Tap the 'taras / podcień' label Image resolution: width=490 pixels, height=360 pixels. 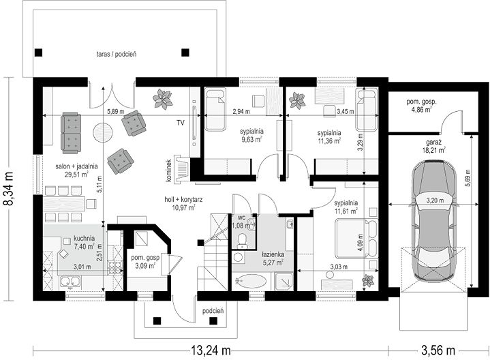[x=117, y=54]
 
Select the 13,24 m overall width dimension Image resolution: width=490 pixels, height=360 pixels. [x=211, y=350]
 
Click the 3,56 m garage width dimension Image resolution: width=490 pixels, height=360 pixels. [x=438, y=350]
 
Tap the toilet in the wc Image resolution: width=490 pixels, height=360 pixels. [x=242, y=241]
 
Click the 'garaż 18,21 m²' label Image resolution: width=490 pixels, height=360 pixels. [x=433, y=146]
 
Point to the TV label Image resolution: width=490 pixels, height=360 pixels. [x=180, y=123]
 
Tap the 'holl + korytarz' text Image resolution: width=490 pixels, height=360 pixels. [x=183, y=200]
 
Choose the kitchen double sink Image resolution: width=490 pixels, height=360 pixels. [x=71, y=282]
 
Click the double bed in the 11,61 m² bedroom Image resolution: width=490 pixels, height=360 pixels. [x=356, y=239]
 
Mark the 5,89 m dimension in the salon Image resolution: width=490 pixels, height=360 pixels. [x=116, y=111]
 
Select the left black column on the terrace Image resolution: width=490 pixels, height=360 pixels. [x=38, y=52]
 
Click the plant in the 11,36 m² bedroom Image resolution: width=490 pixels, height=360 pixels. [x=297, y=100]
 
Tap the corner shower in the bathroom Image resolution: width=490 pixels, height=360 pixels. [x=284, y=280]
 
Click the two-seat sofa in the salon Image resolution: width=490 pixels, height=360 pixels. [x=72, y=133]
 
